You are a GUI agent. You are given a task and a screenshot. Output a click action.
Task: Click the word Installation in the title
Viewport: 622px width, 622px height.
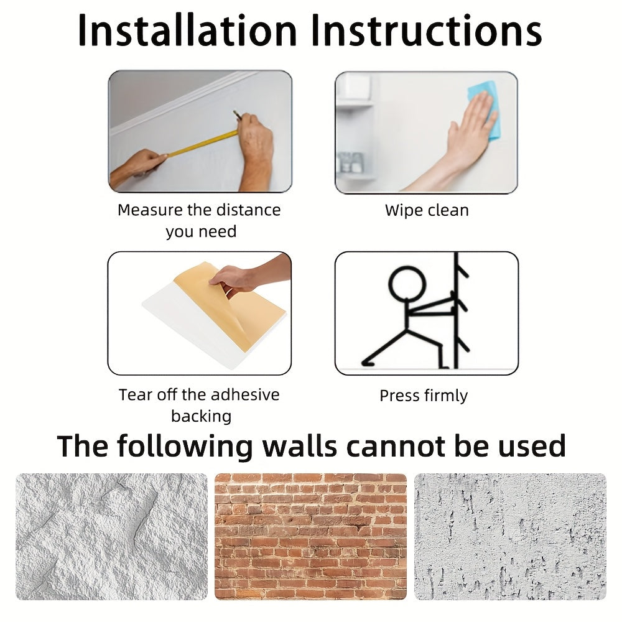click(x=187, y=30)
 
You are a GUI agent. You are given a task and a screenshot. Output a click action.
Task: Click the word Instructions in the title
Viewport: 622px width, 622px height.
click(x=427, y=30)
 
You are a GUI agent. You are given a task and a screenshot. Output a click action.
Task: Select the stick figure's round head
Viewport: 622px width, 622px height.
click(x=407, y=285)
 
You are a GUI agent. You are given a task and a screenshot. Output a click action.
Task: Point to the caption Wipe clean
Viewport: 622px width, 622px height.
click(x=427, y=210)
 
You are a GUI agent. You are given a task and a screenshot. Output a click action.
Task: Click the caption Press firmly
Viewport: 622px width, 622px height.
click(x=424, y=396)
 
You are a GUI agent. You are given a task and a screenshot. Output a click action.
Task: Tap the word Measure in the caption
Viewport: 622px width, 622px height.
click(x=150, y=210)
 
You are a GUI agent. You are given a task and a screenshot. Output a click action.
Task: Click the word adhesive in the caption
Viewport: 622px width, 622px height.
click(x=244, y=395)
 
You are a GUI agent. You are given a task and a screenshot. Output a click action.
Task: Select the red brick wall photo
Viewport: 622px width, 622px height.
click(x=310, y=536)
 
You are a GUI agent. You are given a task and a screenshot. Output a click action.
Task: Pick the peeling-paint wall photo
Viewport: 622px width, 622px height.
click(x=510, y=536)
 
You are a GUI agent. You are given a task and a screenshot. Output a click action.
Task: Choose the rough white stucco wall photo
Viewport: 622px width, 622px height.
click(x=111, y=536)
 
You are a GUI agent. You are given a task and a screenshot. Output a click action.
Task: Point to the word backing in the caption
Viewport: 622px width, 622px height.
click(x=202, y=416)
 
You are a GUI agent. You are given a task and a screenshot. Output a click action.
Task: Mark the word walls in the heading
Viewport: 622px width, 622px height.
click(x=300, y=446)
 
